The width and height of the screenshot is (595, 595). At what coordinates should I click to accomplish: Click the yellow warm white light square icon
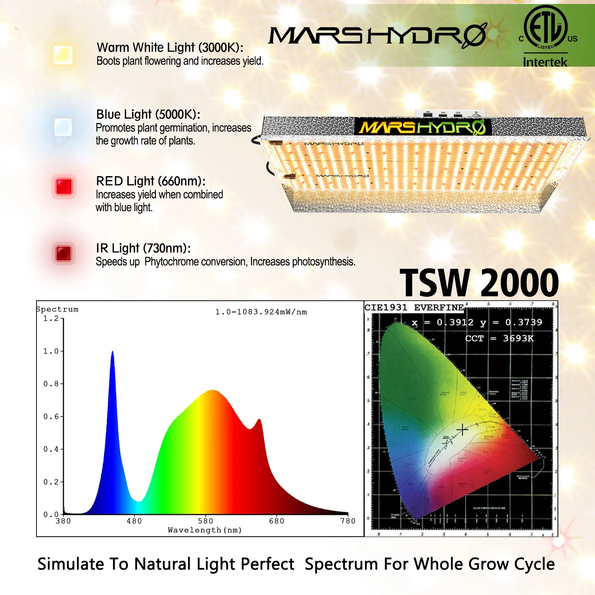[63, 55]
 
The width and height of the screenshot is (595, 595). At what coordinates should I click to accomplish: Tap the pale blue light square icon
[63, 127]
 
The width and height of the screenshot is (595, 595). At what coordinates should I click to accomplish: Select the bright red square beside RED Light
[64, 186]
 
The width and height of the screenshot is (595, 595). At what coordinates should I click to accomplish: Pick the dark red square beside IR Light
[63, 253]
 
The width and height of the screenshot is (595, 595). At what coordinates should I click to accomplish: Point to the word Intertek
[545, 62]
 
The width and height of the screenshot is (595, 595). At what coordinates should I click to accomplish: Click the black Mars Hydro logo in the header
[377, 35]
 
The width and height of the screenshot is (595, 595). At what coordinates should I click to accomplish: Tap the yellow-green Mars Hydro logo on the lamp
[422, 127]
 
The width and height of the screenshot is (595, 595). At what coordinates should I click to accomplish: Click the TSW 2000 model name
[479, 283]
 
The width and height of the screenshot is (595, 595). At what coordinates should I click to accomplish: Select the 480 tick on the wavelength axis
[134, 521]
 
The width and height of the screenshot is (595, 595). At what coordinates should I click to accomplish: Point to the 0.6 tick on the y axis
[51, 416]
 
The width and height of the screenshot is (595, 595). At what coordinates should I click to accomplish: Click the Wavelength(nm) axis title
[205, 530]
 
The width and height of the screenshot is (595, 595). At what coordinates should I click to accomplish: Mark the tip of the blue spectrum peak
[112, 352]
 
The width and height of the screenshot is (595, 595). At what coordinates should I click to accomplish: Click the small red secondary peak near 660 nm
[259, 420]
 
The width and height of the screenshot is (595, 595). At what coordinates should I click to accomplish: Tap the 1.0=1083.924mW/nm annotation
[261, 312]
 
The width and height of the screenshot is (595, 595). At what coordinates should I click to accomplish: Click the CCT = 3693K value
[499, 338]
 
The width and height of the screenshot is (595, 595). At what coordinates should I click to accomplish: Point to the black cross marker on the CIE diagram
[462, 430]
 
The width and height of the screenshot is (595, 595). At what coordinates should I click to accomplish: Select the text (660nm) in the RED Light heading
[181, 181]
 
